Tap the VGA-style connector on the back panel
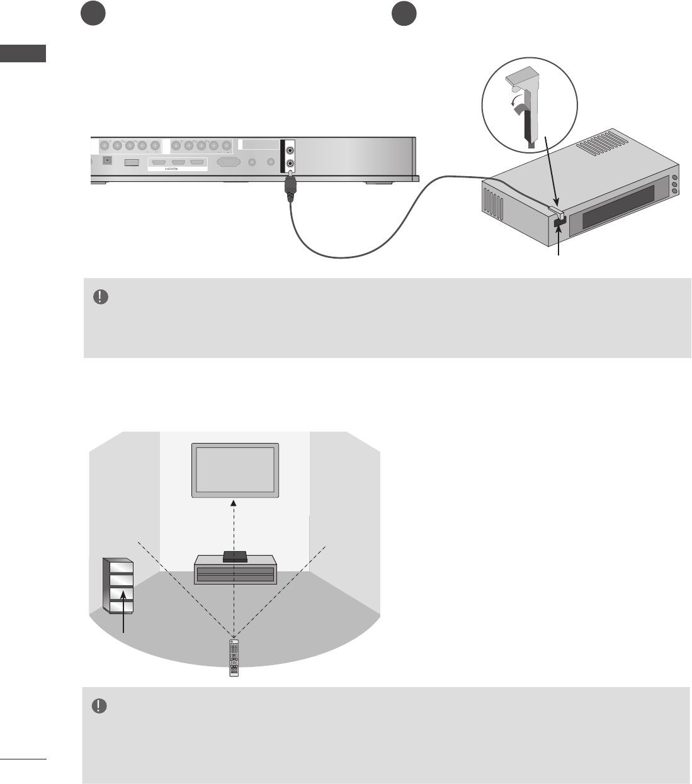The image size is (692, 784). point(228,162)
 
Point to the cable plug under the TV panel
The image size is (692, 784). point(290,188)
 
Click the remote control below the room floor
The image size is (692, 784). point(234,658)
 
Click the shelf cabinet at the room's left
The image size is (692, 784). point(118,585)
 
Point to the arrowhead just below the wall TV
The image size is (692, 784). point(234,502)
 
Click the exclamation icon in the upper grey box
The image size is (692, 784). point(99,297)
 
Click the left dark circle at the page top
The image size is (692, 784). point(93,14)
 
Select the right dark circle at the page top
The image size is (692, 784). point(403,14)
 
